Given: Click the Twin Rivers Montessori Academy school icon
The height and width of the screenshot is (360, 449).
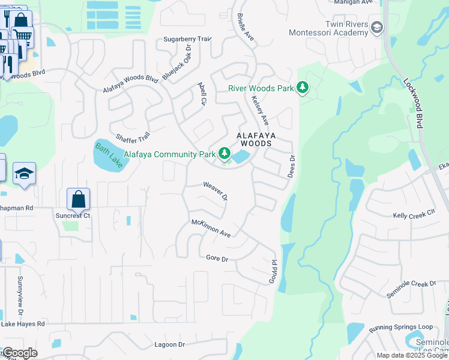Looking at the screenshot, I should (377, 27).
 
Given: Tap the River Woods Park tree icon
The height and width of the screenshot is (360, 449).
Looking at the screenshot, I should (303, 88).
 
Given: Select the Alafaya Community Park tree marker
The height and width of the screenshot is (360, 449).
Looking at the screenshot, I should (224, 154).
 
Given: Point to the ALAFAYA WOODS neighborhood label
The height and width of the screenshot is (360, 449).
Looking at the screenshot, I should (255, 140).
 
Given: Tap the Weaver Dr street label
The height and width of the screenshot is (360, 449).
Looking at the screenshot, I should (216, 191).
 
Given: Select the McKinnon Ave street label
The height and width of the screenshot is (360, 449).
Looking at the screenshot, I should (211, 228).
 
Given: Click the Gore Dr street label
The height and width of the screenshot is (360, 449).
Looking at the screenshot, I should (217, 259).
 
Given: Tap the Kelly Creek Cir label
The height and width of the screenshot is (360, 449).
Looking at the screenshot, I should (414, 215).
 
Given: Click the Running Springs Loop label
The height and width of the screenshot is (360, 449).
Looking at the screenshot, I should (400, 327).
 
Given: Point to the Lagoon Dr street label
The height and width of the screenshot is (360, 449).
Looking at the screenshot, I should (169, 344).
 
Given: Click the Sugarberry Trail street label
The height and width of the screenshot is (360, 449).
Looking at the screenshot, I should (188, 39).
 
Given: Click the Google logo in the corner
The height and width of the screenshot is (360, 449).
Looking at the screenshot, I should (19, 353).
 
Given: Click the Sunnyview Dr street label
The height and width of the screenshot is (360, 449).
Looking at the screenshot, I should (20, 296).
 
